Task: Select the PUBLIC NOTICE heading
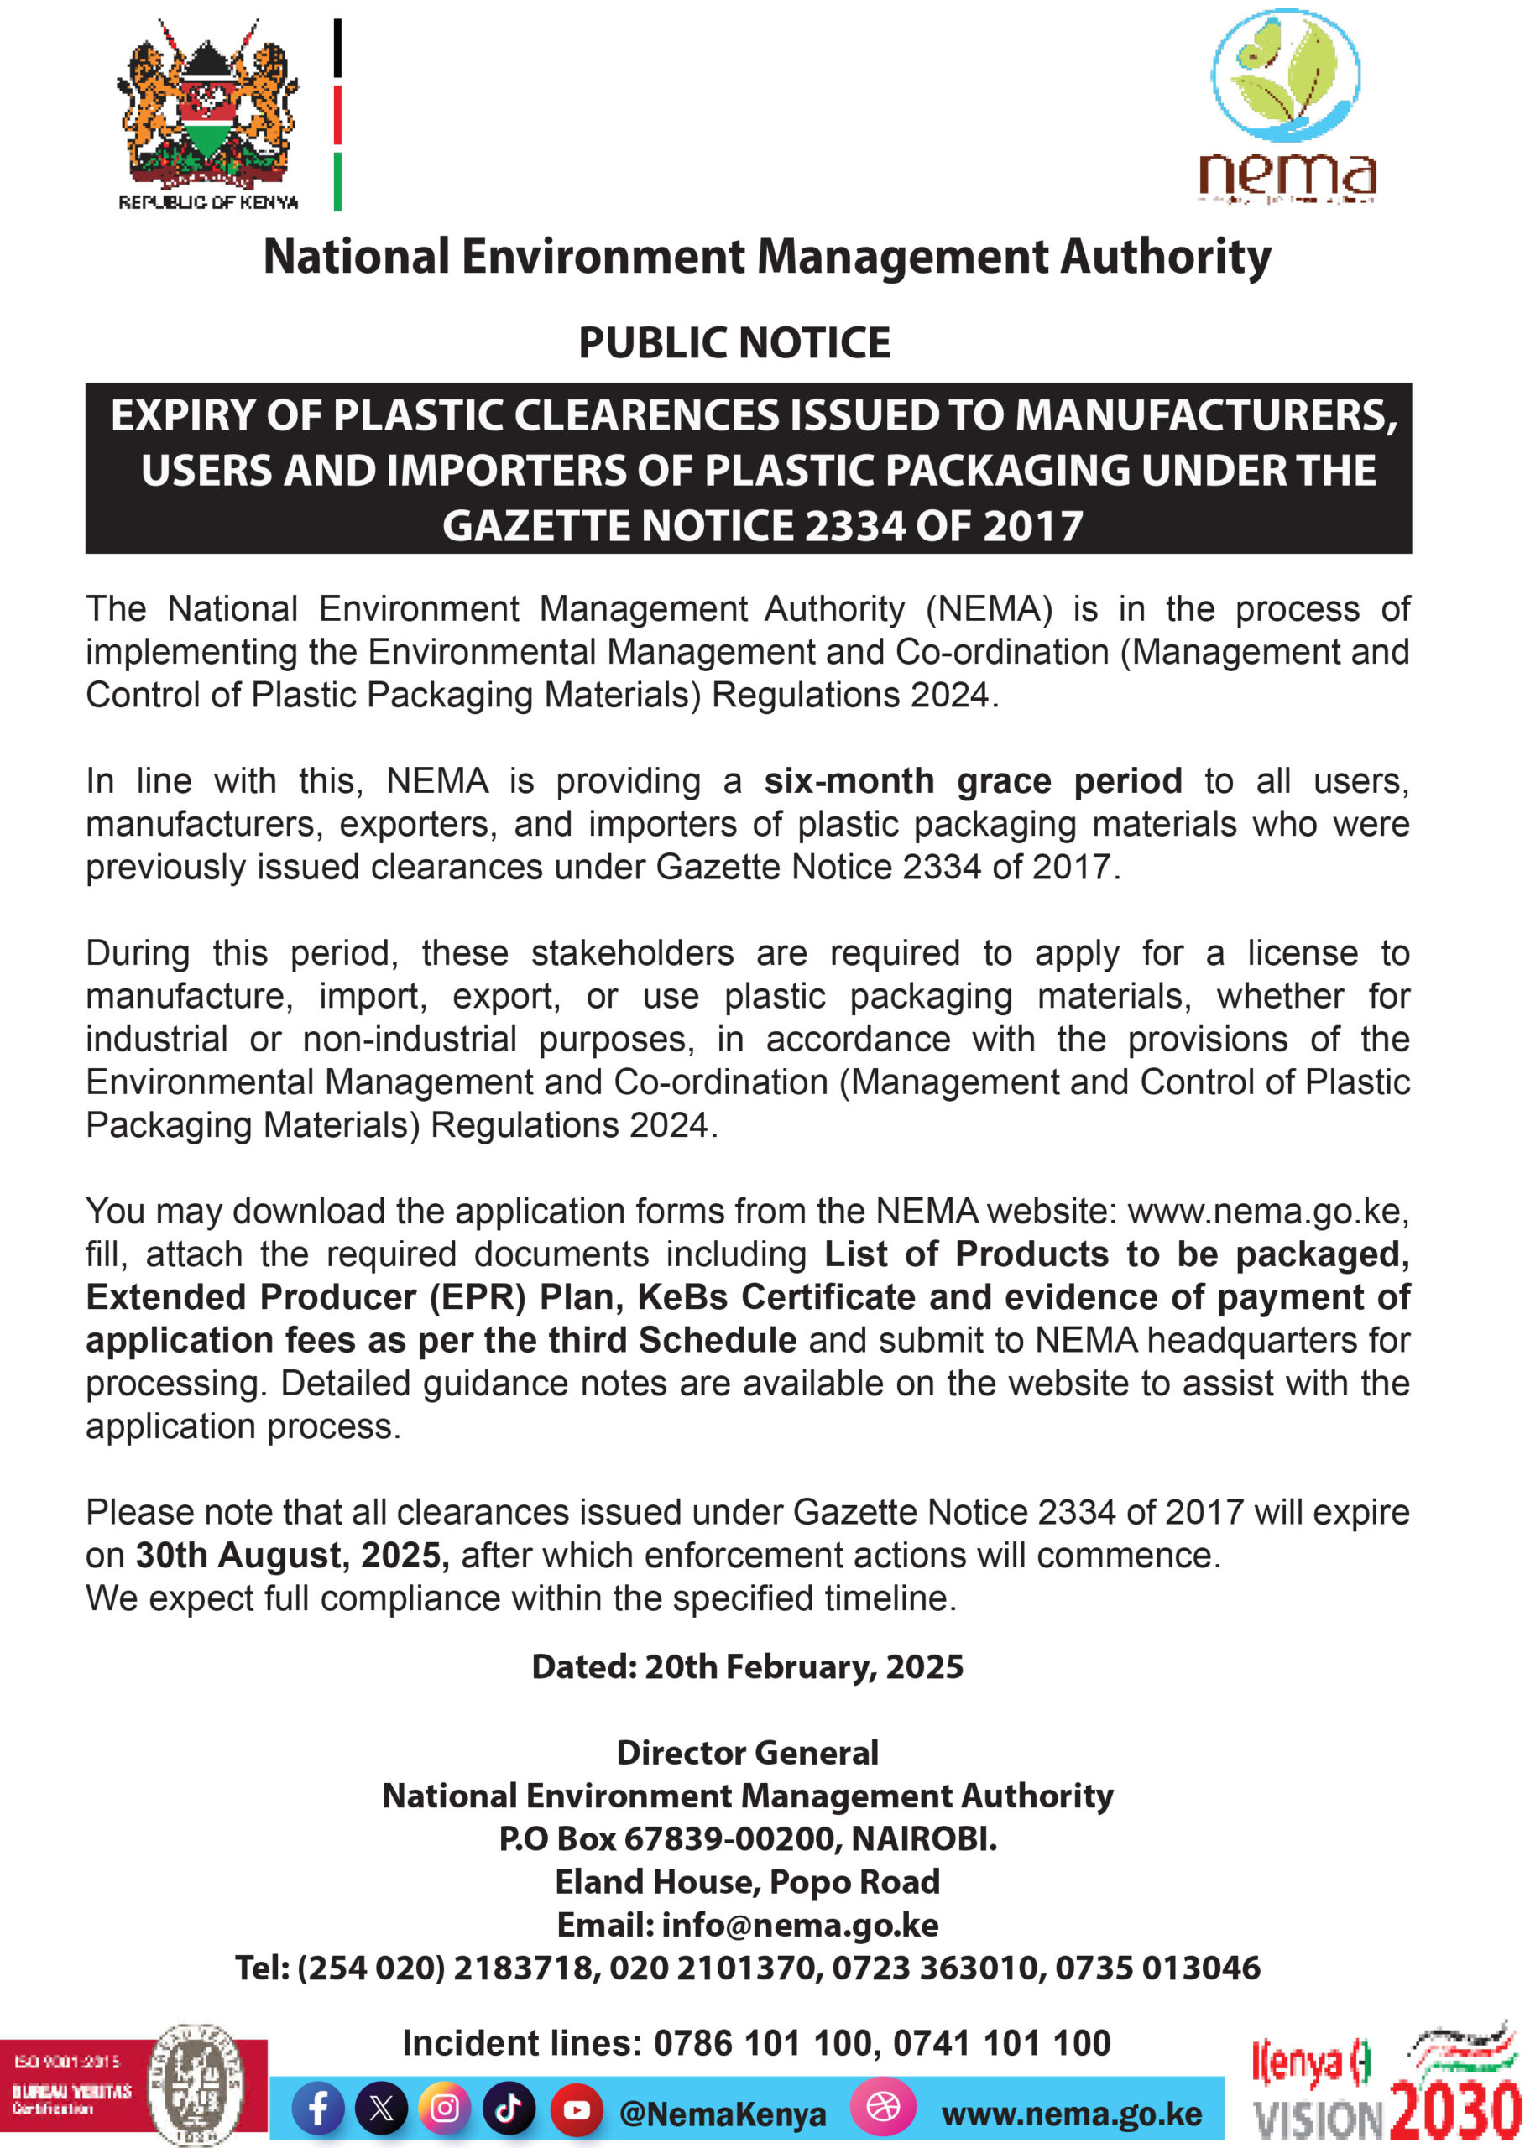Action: [734, 342]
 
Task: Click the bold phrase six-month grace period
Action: [973, 781]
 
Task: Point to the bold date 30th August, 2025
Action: [292, 1556]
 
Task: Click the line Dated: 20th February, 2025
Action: [748, 1666]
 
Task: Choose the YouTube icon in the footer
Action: [576, 2109]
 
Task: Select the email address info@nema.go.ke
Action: [800, 1925]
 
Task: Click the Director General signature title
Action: [748, 1753]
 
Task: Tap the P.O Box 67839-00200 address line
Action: [748, 1838]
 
